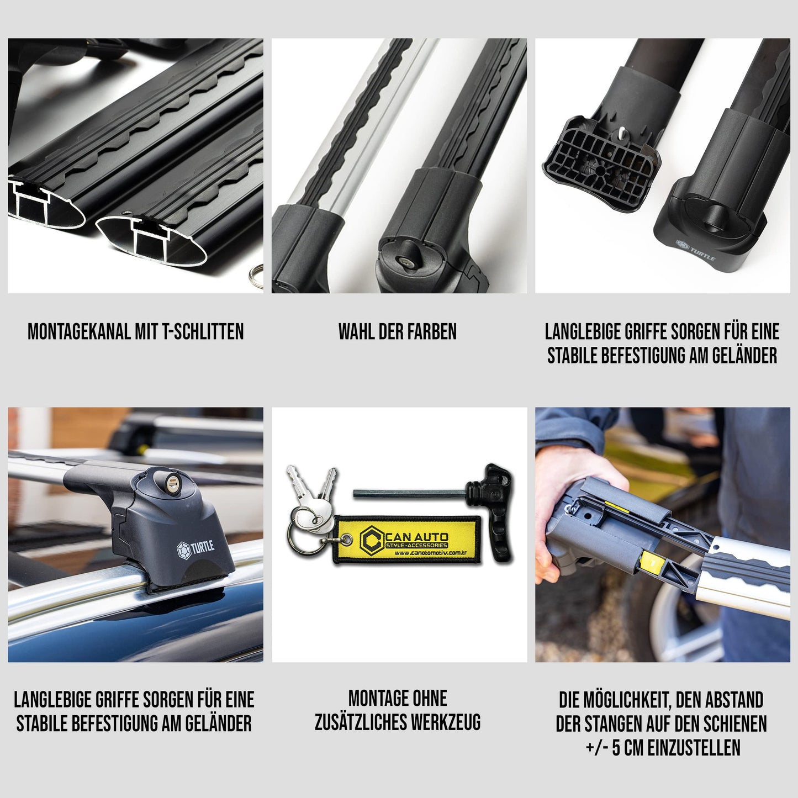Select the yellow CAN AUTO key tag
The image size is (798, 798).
406,540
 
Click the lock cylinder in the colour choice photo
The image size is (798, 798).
403,261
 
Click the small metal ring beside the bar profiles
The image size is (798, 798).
256,274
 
